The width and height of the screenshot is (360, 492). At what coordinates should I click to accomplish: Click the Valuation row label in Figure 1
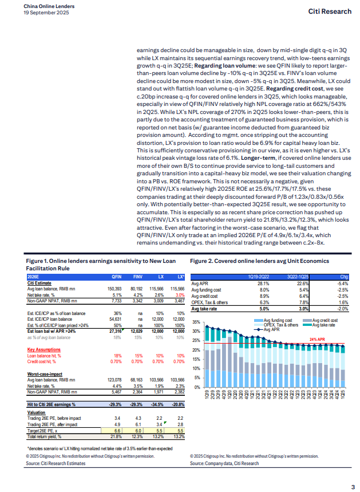tap(37, 412)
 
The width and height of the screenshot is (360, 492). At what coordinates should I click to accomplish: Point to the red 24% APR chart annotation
tap(318, 340)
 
